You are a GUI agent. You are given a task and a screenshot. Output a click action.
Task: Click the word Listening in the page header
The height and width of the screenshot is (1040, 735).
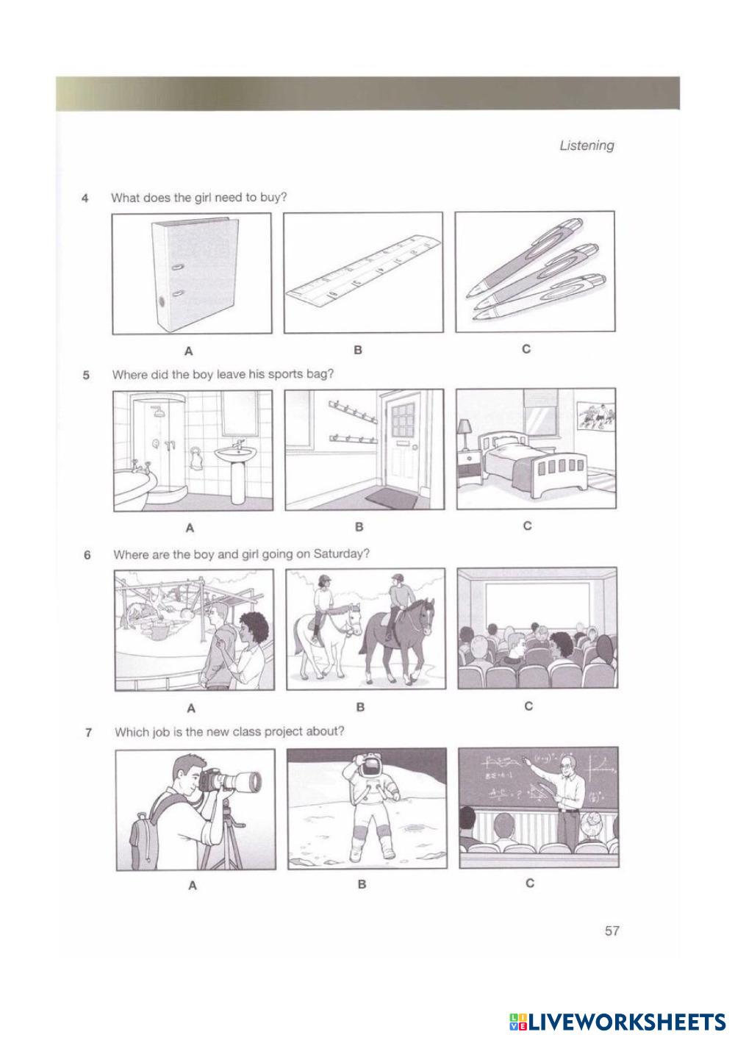pos(587,146)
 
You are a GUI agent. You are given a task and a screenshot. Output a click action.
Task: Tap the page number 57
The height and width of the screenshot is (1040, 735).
pos(612,930)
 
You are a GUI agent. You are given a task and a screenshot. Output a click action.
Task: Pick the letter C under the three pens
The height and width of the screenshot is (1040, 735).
pos(526,348)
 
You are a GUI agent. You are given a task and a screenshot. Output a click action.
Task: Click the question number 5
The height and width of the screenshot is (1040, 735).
pos(86,375)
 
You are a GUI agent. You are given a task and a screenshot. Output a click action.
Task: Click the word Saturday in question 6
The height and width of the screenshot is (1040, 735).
pos(340,554)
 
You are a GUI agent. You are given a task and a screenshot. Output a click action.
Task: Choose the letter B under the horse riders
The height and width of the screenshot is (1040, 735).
pos(360,707)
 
